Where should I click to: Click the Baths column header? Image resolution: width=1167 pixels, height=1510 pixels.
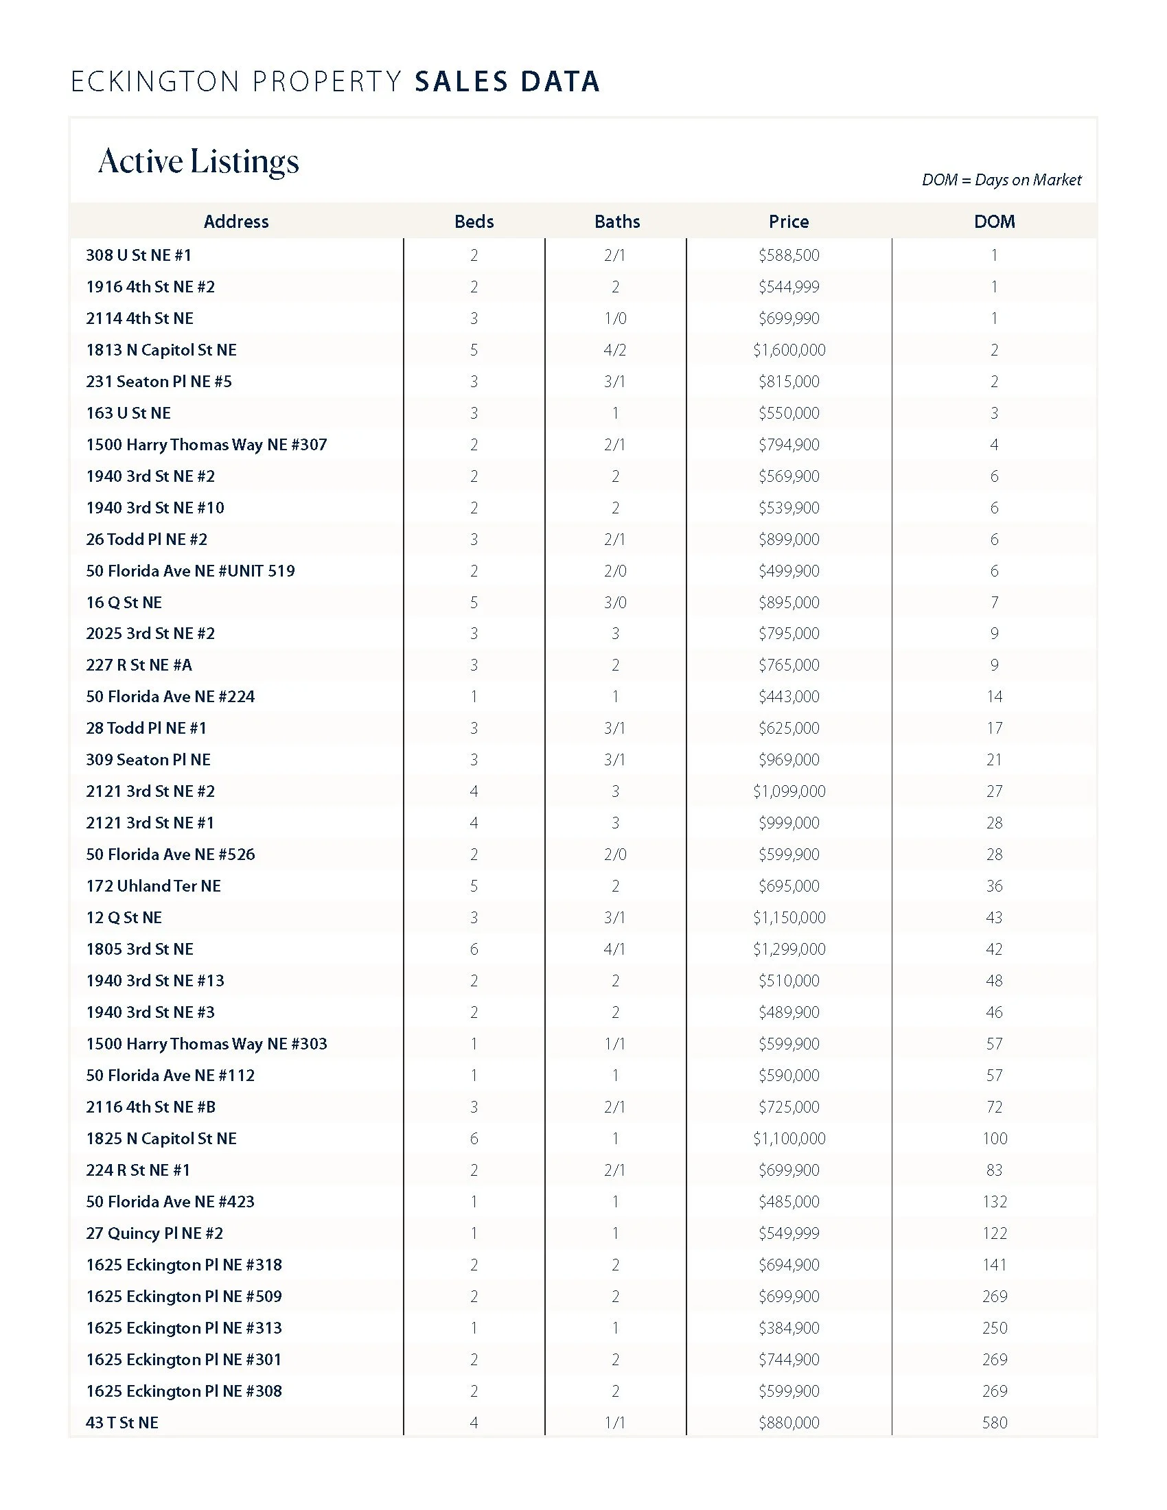(616, 221)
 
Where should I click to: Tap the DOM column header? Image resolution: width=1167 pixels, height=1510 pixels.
(994, 221)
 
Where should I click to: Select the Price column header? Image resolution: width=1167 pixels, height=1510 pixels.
(788, 221)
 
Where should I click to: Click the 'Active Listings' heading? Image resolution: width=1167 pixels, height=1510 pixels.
(198, 161)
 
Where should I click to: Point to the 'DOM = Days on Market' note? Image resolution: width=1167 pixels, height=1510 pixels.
(1001, 180)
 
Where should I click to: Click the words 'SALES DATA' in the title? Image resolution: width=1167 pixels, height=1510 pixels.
(507, 82)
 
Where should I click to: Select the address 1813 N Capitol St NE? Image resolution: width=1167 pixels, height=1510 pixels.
(161, 350)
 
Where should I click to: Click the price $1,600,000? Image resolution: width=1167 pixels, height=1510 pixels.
(789, 350)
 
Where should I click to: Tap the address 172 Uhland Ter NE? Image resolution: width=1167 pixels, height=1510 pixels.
(154, 885)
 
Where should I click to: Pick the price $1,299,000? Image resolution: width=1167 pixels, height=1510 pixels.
(789, 949)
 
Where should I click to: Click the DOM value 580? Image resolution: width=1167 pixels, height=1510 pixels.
(994, 1422)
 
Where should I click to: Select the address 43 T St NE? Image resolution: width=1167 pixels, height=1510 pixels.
(122, 1422)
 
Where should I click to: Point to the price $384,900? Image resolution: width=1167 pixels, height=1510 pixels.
(789, 1327)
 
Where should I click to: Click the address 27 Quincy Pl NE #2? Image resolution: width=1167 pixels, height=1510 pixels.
(154, 1233)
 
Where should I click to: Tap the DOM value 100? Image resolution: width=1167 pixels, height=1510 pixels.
(994, 1138)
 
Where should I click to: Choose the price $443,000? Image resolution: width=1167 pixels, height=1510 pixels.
(789, 696)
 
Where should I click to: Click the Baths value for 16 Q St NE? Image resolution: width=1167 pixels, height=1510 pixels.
(614, 602)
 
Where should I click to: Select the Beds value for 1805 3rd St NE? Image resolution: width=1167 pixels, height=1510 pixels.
(474, 949)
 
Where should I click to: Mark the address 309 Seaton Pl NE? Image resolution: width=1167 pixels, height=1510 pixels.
(148, 759)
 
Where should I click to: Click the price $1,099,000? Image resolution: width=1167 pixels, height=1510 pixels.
(789, 791)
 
